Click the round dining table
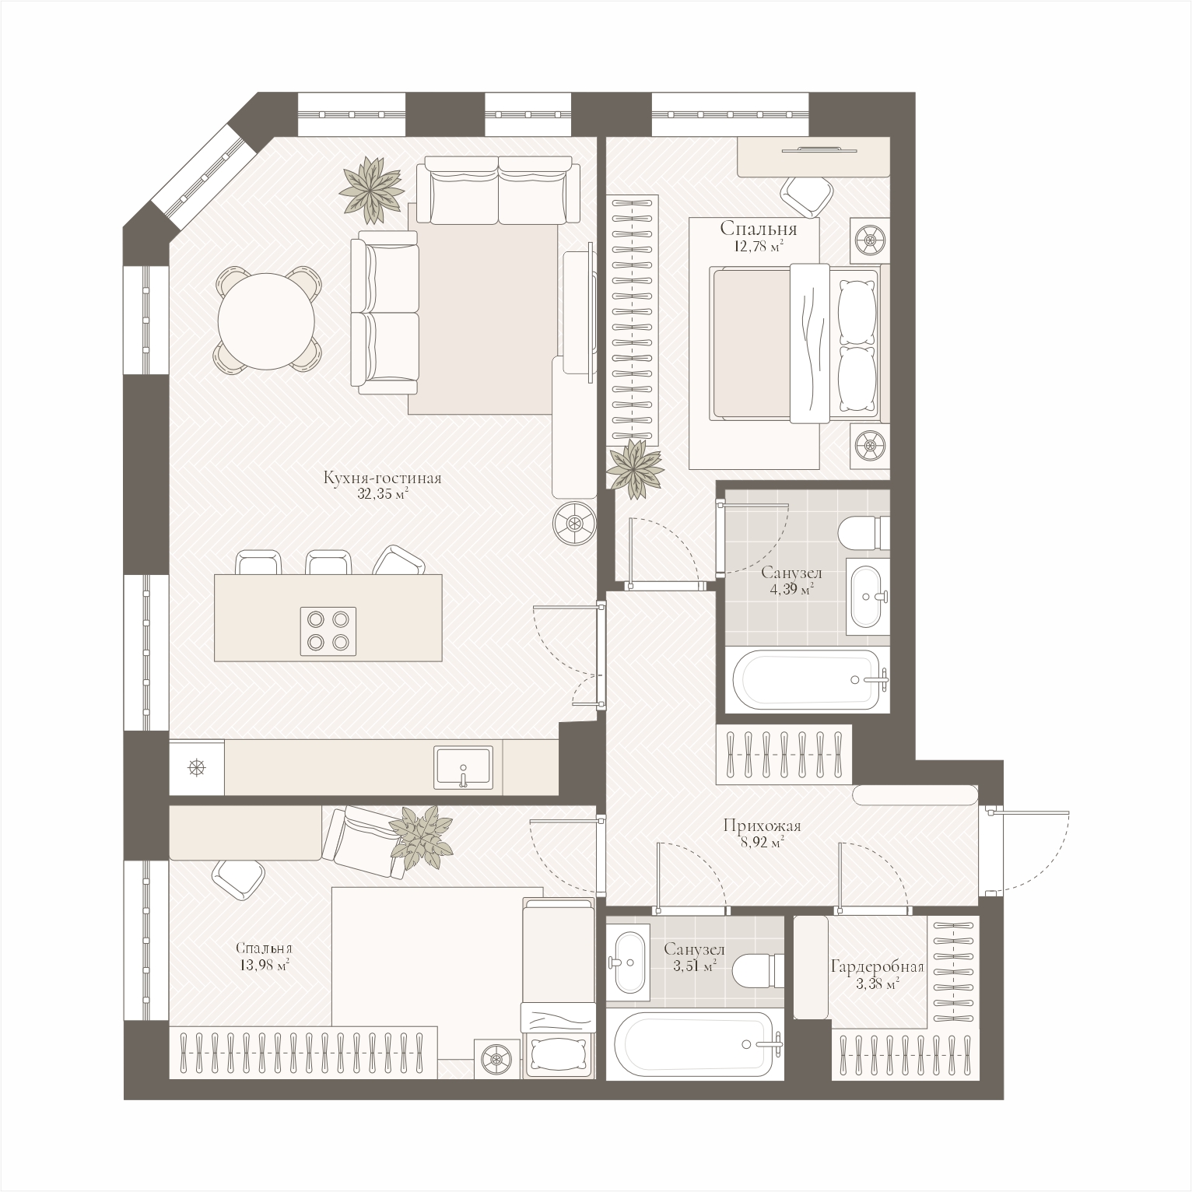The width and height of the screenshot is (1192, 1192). pyautogui.click(x=266, y=319)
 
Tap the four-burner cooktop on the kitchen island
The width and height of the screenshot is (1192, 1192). pyautogui.click(x=328, y=630)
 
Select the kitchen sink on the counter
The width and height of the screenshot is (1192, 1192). pyautogui.click(x=464, y=766)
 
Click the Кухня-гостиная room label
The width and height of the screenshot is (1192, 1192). pyautogui.click(x=383, y=479)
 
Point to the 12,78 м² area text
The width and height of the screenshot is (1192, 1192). pyautogui.click(x=759, y=247)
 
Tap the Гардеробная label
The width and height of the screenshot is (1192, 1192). pyautogui.click(x=877, y=968)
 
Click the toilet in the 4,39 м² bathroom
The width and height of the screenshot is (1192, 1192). pyautogui.click(x=864, y=533)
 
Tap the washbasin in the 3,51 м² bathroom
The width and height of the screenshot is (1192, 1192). pyautogui.click(x=627, y=960)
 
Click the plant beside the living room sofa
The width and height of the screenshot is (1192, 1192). pyautogui.click(x=372, y=186)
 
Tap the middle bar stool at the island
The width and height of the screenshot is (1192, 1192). pyautogui.click(x=330, y=563)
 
